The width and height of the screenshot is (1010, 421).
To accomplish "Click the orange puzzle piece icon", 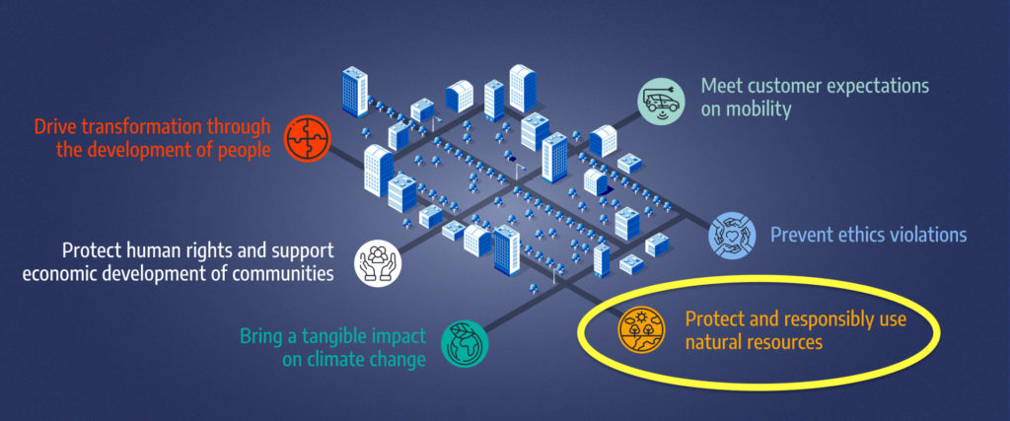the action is pyautogui.click(x=308, y=138).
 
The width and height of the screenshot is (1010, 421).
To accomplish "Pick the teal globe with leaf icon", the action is pyautogui.click(x=465, y=344).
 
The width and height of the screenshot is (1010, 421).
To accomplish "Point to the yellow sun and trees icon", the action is pyautogui.click(x=642, y=329).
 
